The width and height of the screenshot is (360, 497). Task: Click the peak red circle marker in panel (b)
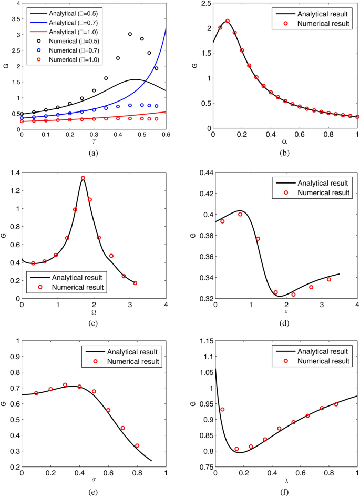(228, 21)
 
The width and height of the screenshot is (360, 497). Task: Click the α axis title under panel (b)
(284, 142)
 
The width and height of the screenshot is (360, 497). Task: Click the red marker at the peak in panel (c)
(83, 178)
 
